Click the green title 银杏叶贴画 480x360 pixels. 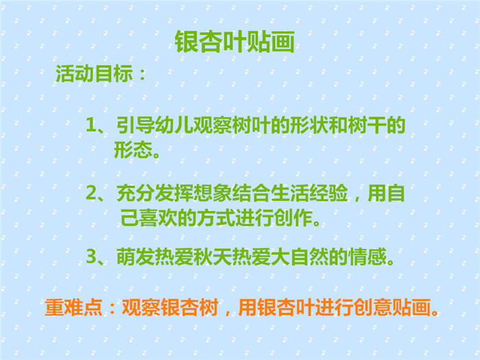(x=235, y=42)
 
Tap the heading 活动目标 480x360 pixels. (x=95, y=74)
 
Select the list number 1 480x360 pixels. (x=91, y=125)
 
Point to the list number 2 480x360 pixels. (x=91, y=193)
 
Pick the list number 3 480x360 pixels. (x=91, y=256)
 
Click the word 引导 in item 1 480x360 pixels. (x=135, y=125)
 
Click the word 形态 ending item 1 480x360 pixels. (x=133, y=149)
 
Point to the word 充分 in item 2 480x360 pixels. (x=135, y=193)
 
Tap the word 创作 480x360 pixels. (x=293, y=218)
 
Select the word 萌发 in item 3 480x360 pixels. (x=135, y=257)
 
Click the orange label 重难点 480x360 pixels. (x=73, y=307)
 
